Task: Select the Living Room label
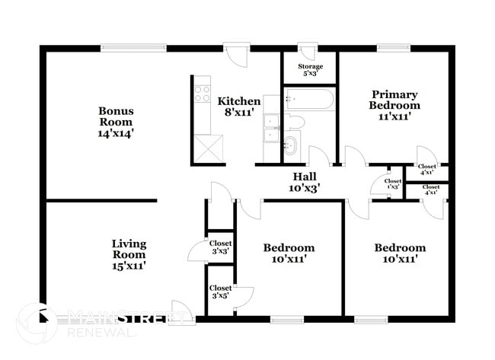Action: [x=129, y=254]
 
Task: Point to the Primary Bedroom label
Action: [x=394, y=105]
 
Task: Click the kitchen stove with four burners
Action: [x=202, y=94]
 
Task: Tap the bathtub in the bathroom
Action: [x=308, y=100]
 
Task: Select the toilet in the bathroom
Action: [x=294, y=122]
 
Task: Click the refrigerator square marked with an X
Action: [x=208, y=147]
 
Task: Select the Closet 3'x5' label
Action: [x=220, y=292]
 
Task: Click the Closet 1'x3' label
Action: [x=393, y=183]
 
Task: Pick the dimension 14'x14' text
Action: [x=116, y=132]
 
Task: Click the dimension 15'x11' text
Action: [x=129, y=266]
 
